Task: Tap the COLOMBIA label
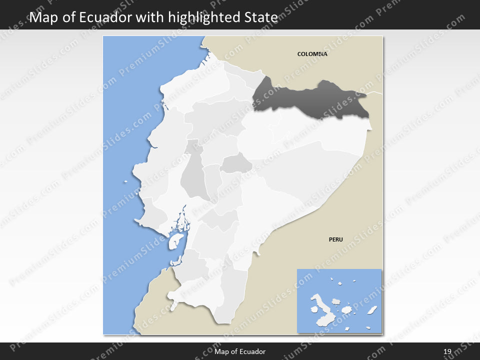tap(312, 54)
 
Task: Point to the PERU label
tap(335, 239)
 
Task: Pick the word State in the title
tap(261, 18)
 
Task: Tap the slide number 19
tap(447, 352)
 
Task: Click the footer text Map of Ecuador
tap(240, 352)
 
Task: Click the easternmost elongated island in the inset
tap(372, 310)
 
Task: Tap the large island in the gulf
tap(174, 240)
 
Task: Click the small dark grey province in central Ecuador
tap(236, 163)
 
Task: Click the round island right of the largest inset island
tap(336, 302)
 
